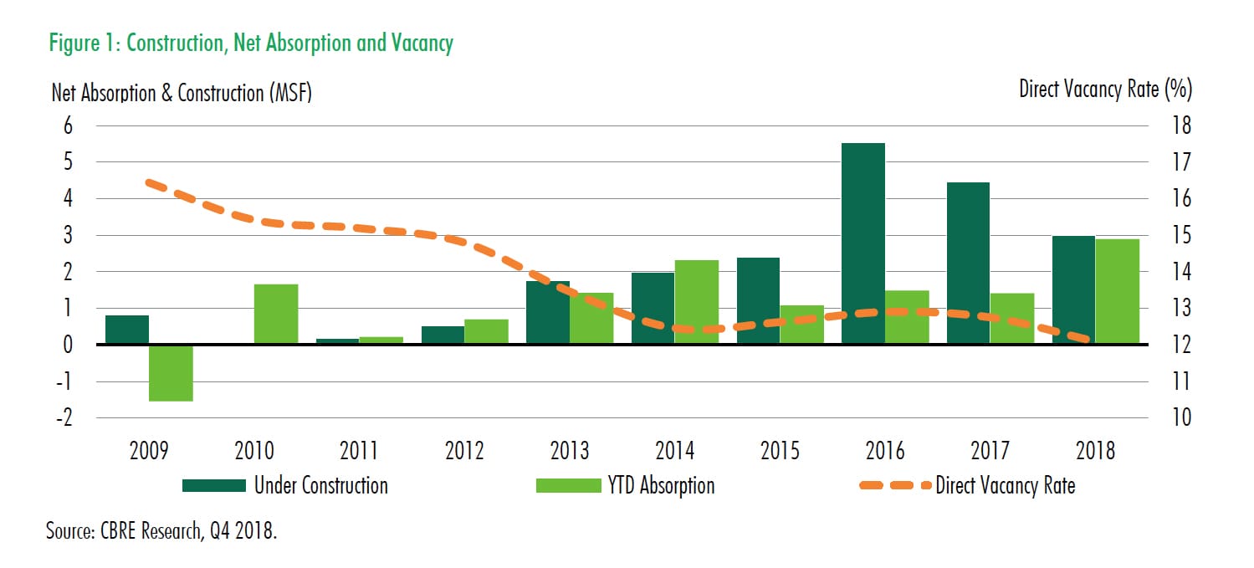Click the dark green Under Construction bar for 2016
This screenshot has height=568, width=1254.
pos(862,243)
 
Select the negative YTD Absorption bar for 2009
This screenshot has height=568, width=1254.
pos(171,372)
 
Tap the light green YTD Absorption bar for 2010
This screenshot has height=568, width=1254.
pos(276,314)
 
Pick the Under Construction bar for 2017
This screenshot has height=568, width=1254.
pos(968,263)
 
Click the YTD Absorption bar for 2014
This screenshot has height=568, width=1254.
pos(697,302)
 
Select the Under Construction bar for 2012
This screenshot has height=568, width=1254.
pos(443,335)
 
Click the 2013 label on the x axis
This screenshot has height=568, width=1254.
pos(570,451)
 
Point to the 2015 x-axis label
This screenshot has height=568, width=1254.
pos(780,451)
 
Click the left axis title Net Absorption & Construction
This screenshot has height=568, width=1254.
pos(182,93)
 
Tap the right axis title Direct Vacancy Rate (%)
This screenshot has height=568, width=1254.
pos(1105,89)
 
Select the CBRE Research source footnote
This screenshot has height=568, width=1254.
pos(161,532)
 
